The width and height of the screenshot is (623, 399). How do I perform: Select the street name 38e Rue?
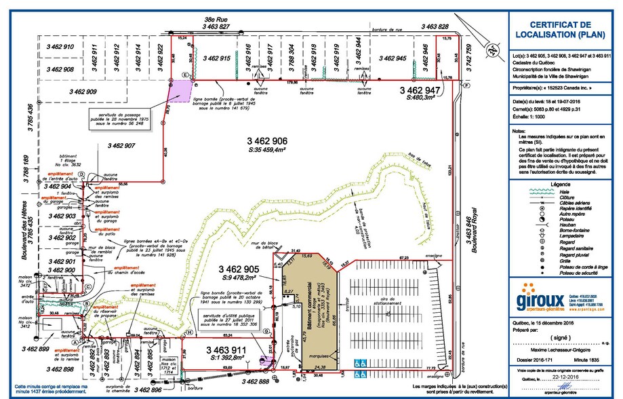coord(216,20)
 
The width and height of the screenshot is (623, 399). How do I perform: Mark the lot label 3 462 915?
coord(218,60)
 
